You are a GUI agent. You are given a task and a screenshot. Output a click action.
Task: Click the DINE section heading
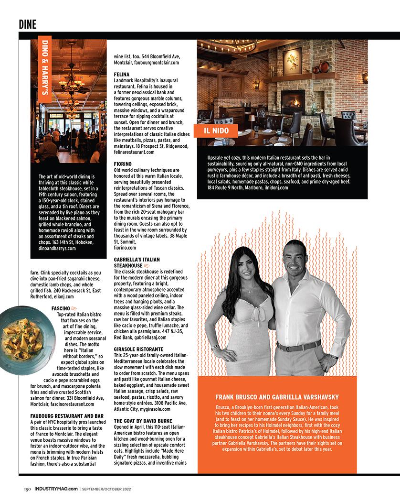[x=28, y=23]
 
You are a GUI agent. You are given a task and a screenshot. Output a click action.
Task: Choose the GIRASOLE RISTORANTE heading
[x=138, y=349]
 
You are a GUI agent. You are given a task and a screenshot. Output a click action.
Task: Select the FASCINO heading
[x=61, y=308]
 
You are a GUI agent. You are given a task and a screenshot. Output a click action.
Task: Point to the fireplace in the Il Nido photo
[x=292, y=100]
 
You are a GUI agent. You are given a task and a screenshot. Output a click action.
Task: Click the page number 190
[x=28, y=489]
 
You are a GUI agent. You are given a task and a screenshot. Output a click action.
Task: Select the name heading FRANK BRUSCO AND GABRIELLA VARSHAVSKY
[x=277, y=397]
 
